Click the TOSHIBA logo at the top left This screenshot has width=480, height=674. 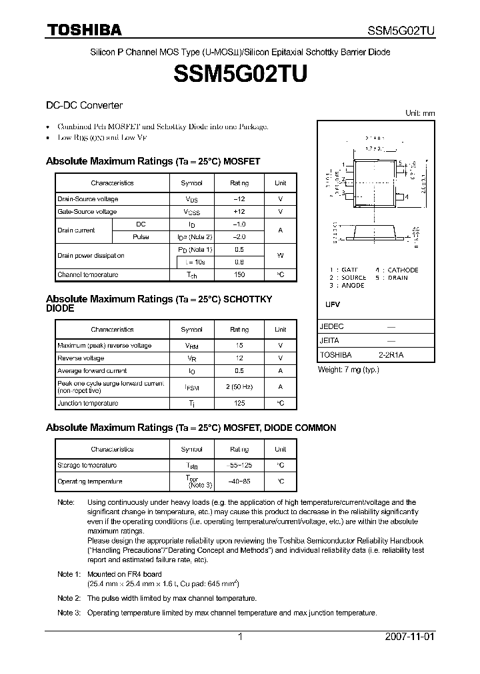[83, 29]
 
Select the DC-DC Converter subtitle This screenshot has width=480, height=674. [84, 105]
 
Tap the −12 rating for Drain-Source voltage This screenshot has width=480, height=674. [239, 199]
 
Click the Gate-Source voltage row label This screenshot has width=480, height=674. [87, 212]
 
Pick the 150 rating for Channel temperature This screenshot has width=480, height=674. [239, 274]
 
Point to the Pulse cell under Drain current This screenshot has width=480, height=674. [141, 236]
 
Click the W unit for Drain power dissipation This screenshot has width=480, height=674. [280, 256]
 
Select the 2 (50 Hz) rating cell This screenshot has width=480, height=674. [239, 386]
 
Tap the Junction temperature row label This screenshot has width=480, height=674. [87, 403]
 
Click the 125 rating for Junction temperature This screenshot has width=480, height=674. [239, 403]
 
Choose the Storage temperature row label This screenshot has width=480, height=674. [87, 465]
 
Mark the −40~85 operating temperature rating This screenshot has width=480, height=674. [239, 481]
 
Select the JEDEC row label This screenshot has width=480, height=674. [331, 327]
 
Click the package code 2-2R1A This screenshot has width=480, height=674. [391, 355]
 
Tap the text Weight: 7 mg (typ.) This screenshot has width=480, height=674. [348, 369]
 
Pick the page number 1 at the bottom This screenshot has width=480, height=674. [240, 637]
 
